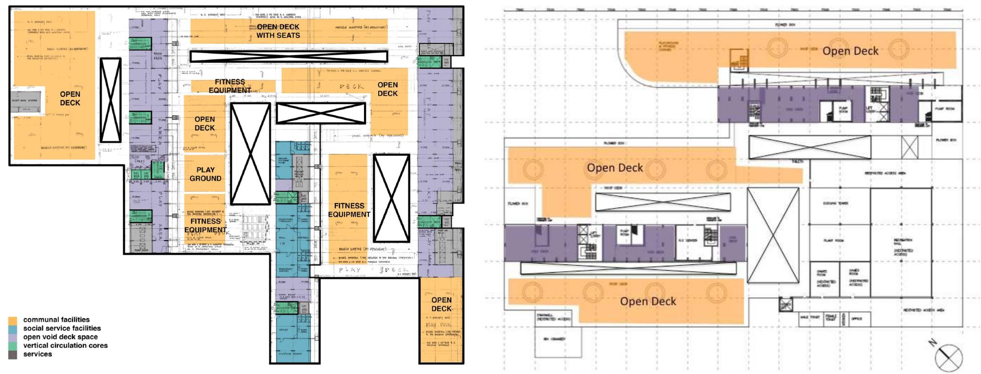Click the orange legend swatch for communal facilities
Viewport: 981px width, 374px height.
pyautogui.click(x=13, y=320)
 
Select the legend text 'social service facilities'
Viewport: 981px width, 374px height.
pyautogui.click(x=62, y=328)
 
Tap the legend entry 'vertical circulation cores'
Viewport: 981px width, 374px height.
pyautogui.click(x=65, y=345)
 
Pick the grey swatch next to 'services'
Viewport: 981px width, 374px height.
pyautogui.click(x=13, y=355)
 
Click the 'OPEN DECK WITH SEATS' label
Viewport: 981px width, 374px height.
pyautogui.click(x=278, y=31)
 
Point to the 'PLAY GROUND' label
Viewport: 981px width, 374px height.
pyautogui.click(x=205, y=174)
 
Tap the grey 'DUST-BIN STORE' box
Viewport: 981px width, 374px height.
pyautogui.click(x=25, y=101)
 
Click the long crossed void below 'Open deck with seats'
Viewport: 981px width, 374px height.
pyautogui.click(x=288, y=56)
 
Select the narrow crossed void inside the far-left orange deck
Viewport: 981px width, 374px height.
pyautogui.click(x=110, y=100)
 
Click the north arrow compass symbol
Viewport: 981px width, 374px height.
pyautogui.click(x=948, y=357)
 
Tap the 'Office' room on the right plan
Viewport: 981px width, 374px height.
pyautogui.click(x=857, y=319)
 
